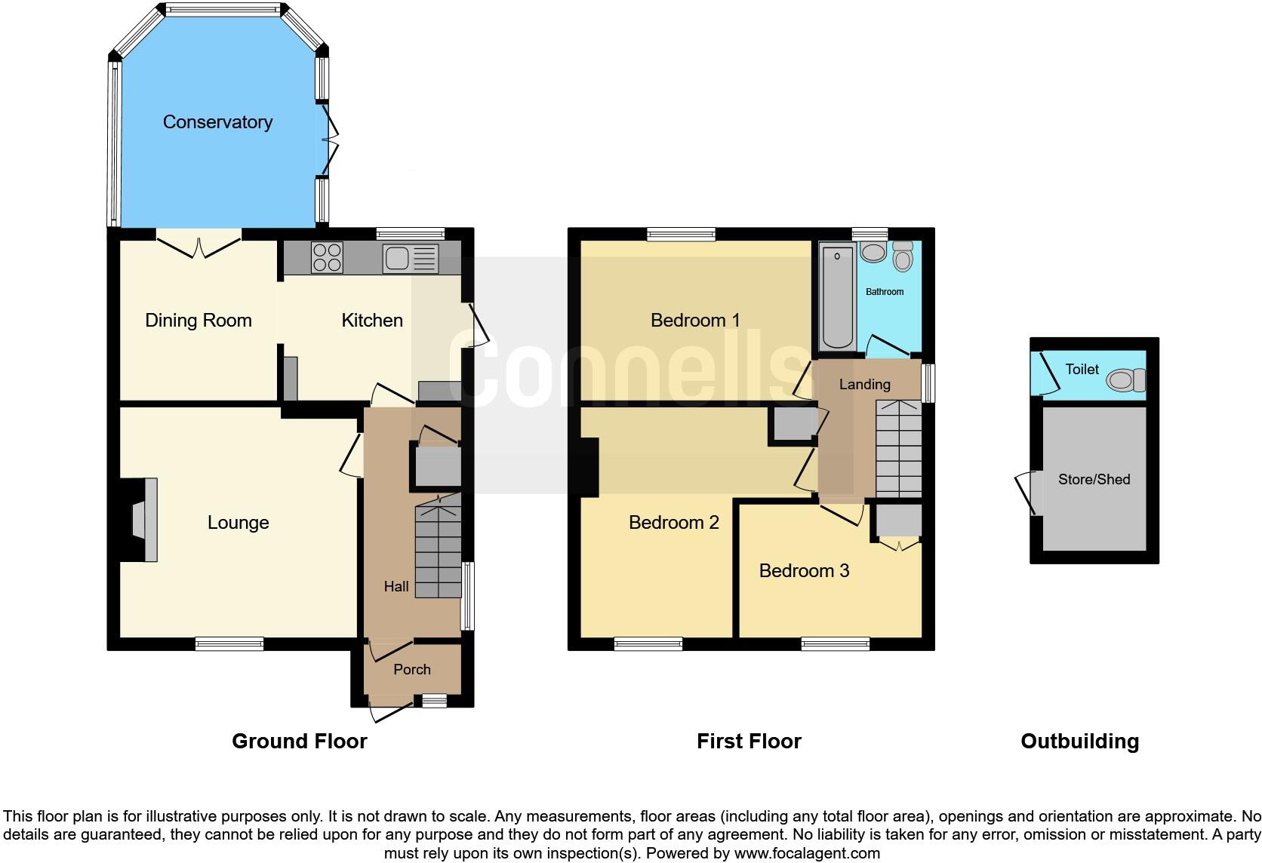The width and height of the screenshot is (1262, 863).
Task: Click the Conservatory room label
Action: [217, 122]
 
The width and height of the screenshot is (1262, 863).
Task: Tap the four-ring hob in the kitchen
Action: [327, 257]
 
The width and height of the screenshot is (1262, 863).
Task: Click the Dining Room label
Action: [199, 321]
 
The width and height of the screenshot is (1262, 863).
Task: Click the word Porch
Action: [412, 670]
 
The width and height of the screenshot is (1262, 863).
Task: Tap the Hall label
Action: [396, 587]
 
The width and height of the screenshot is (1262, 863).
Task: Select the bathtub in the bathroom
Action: [838, 296]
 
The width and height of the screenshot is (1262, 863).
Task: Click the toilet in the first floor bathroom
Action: [903, 256]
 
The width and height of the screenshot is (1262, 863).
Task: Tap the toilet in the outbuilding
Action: [1126, 380]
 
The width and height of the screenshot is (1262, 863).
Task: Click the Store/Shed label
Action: [1094, 480]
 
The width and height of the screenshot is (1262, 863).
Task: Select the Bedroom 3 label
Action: [804, 571]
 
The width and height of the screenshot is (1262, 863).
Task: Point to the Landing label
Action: [864, 385]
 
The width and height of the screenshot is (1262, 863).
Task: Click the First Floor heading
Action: [749, 742]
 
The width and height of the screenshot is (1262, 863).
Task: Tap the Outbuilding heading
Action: [1079, 742]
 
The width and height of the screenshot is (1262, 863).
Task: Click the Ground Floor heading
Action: [300, 742]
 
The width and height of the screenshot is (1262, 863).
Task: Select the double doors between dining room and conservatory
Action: [199, 245]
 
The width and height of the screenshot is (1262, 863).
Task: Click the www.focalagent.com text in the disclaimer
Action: [807, 854]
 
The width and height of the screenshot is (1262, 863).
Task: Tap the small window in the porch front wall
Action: [434, 702]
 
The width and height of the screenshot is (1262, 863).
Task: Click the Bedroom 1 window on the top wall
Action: [681, 235]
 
